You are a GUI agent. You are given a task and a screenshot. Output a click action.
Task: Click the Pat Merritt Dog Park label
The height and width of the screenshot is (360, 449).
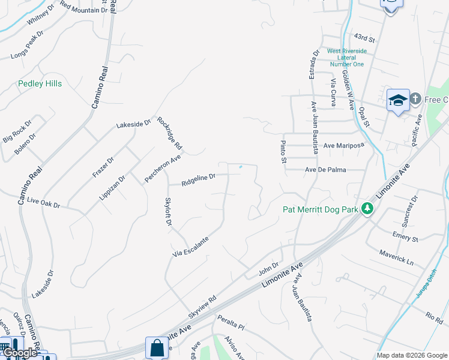click(x=320, y=209)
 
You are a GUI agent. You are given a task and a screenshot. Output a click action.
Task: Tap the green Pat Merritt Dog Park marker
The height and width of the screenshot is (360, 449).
click(x=366, y=209)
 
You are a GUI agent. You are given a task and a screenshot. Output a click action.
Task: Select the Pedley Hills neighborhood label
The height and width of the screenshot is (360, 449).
click(x=40, y=84)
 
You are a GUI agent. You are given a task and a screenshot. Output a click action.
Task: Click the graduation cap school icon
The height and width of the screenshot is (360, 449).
click(x=398, y=101)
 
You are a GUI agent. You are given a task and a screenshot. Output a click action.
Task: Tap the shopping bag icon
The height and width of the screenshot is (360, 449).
click(x=156, y=347)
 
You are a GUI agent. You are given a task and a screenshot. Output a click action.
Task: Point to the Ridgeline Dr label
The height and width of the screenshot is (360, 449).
click(x=198, y=179)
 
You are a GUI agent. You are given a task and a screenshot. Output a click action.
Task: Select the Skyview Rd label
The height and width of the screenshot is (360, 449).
click(x=202, y=307)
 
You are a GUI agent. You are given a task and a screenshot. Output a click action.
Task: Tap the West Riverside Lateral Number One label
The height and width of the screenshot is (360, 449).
click(x=346, y=58)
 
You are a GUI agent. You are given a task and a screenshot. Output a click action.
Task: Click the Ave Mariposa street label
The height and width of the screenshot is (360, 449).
click(x=344, y=146)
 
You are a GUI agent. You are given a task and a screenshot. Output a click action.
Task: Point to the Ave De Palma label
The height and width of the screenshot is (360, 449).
click(x=325, y=170)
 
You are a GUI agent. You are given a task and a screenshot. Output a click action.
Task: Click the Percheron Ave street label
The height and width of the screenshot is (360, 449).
click(x=163, y=168)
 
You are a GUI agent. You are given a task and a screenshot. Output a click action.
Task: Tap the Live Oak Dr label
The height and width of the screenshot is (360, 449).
click(x=44, y=204)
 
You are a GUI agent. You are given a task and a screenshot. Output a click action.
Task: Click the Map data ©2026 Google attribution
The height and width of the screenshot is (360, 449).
click(x=411, y=355)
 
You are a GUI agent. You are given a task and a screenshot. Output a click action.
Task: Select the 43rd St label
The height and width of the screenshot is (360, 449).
click(x=364, y=39)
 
